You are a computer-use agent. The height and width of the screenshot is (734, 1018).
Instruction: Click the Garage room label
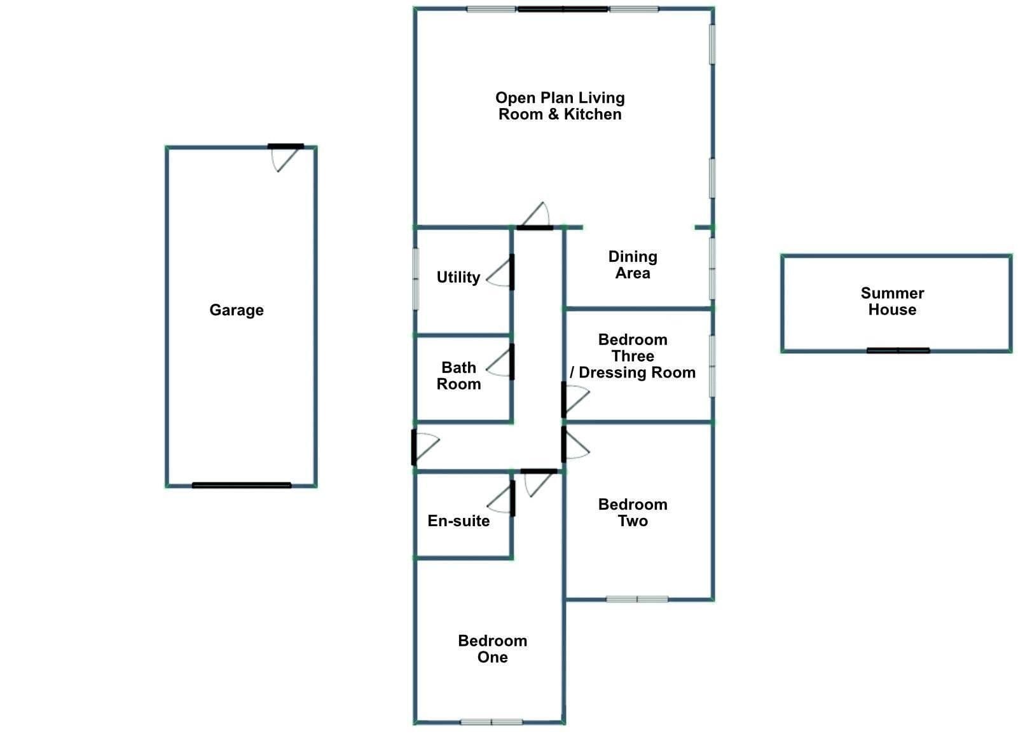click(237, 310)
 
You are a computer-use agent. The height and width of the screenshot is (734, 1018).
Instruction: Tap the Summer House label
click(892, 301)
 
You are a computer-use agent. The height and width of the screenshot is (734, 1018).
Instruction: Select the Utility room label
click(458, 277)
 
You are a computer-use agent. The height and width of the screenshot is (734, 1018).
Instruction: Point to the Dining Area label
click(633, 265)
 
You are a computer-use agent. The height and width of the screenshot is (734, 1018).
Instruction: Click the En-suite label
click(458, 520)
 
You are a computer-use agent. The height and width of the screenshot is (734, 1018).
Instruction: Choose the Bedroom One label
click(493, 649)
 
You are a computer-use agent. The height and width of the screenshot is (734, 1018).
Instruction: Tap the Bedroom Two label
click(633, 512)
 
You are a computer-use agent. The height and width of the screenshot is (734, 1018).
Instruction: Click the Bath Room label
click(458, 376)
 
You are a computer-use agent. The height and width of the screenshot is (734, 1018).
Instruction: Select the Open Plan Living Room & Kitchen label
click(560, 106)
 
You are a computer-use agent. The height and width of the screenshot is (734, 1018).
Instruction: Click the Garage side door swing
click(285, 158)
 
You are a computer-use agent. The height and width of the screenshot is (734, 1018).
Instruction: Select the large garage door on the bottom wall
click(242, 486)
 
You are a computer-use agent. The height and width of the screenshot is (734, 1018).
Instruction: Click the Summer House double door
click(898, 350)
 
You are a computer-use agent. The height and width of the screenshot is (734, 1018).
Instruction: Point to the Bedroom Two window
click(637, 599)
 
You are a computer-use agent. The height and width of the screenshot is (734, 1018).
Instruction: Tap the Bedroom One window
click(492, 722)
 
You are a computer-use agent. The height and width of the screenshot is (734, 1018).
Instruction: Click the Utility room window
click(415, 279)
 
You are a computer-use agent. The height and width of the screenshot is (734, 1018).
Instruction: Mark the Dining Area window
click(712, 268)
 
